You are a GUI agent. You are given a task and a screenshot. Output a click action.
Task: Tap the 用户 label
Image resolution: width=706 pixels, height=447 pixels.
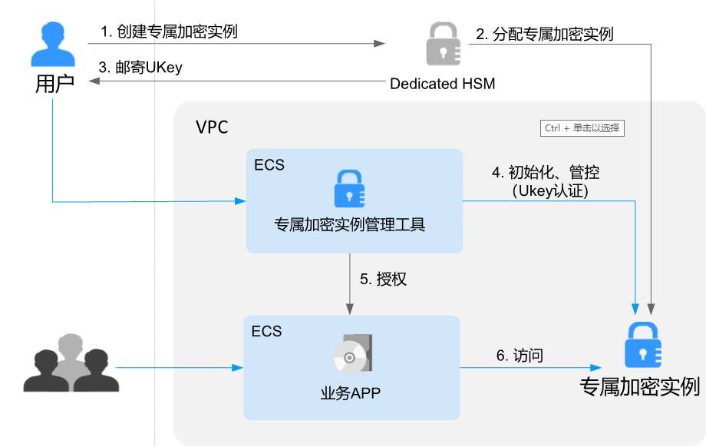pyautogui.click(x=54, y=84)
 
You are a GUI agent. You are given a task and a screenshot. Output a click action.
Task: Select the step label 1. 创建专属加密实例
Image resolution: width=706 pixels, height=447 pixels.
pyautogui.click(x=169, y=31)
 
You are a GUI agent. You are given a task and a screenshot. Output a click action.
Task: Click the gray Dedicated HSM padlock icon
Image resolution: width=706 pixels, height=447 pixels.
pyautogui.click(x=443, y=45)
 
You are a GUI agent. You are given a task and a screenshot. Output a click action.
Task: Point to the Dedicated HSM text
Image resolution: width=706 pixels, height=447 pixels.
pyautogui.click(x=442, y=84)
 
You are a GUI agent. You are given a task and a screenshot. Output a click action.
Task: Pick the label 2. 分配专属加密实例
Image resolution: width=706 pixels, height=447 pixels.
pyautogui.click(x=544, y=34)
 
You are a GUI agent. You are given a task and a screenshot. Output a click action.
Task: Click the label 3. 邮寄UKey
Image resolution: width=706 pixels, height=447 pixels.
pyautogui.click(x=140, y=68)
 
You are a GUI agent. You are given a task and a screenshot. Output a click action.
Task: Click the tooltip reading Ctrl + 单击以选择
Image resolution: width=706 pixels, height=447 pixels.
pyautogui.click(x=582, y=128)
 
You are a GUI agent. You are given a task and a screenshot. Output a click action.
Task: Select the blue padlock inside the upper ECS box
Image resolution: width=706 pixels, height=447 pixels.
pyautogui.click(x=350, y=189)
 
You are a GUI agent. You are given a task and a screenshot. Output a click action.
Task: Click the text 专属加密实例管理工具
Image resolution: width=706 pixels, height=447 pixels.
pyautogui.click(x=350, y=225)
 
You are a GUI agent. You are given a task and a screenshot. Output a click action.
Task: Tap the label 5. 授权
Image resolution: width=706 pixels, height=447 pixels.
pyautogui.click(x=382, y=280)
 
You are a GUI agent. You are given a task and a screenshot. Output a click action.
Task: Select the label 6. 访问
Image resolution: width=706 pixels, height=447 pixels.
pyautogui.click(x=520, y=355)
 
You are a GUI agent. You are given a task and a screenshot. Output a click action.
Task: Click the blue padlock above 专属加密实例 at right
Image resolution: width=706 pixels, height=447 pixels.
pyautogui.click(x=643, y=345)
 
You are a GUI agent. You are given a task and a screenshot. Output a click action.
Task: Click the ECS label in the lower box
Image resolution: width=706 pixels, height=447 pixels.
pyautogui.click(x=266, y=331)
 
